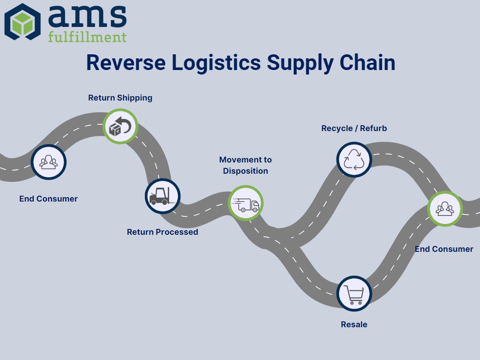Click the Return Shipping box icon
pos(120,126)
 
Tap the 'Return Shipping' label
pos(120,97)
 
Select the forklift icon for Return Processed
pos(162,196)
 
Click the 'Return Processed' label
pos(162,232)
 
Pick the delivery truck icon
pos(245,203)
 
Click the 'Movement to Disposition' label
pos(245,165)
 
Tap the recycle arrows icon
pos(354,159)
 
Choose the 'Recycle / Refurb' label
pos(354,128)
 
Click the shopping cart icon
pos(354,294)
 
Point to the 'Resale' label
pos(354,325)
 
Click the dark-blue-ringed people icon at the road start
pos(48,162)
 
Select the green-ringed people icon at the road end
pos(444,208)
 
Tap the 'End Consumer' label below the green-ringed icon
pos(444,249)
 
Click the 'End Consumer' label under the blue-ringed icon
pos(48,199)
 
